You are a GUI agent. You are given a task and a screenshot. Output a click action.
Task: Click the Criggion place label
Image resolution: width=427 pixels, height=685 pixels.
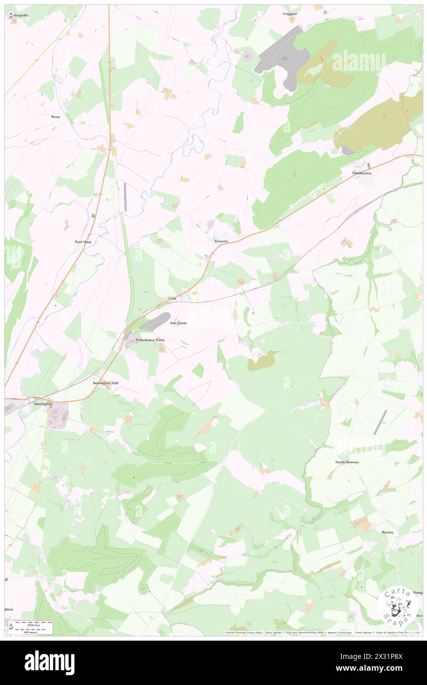pos(290,14)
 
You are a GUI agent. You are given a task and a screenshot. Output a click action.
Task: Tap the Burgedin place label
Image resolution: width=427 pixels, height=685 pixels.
pos(23,16)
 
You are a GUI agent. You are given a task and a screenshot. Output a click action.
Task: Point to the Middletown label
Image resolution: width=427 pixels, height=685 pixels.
pos(361,173)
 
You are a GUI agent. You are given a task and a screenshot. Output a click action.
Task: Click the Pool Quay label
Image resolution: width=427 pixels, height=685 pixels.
pos(83,242)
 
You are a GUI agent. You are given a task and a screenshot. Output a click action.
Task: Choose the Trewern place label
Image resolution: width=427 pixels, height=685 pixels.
pos(221,241)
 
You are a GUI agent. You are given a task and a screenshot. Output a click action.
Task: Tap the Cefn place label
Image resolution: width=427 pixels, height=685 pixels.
pos(172,299)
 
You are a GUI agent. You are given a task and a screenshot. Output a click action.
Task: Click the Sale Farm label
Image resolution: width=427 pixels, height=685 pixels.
pos(178,323)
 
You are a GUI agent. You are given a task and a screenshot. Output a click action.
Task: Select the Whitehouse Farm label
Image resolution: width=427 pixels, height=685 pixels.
pos(149,340)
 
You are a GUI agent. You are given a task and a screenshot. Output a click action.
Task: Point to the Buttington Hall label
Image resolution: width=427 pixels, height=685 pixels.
pos(106,383)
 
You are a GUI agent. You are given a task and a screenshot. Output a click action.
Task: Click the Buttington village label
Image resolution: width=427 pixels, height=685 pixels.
pos(42,404)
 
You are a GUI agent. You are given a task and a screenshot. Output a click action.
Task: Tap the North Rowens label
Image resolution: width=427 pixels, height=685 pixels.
pos(347,462)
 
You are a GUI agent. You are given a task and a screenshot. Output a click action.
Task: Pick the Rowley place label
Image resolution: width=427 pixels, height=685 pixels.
pos(387,532)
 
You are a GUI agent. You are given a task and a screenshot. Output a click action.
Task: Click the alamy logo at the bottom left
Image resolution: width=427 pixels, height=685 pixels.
pos(49,662)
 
